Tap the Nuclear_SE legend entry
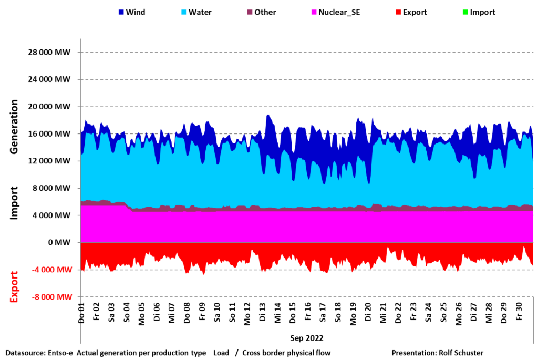(339, 12)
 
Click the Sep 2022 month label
(307, 337)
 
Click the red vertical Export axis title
(15, 287)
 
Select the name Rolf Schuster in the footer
(461, 353)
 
